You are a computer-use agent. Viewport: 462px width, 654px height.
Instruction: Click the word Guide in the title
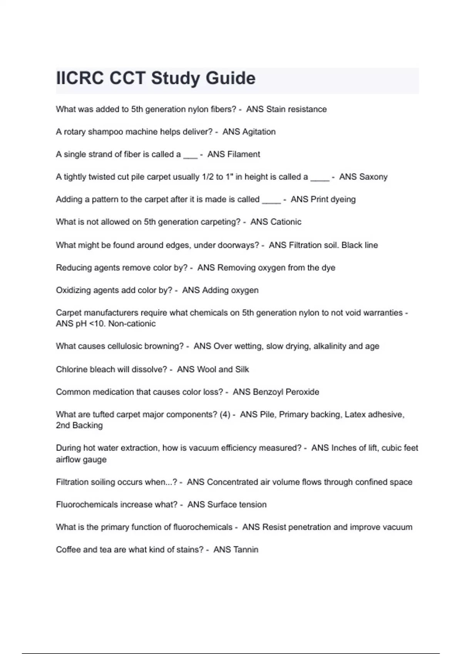pos(230,78)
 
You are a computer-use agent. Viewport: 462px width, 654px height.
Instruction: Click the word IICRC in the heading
pos(80,78)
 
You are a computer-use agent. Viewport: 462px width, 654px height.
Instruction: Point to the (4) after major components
pos(225,415)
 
